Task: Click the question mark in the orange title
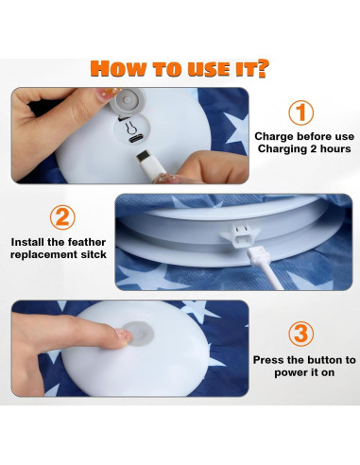point(262,69)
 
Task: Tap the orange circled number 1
point(301,112)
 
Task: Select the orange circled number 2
point(62,217)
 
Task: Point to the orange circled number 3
point(301,334)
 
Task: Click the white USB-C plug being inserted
point(151,164)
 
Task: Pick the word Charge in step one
point(274,137)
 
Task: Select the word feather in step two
point(87,242)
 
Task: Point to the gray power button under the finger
point(139,334)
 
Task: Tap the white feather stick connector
point(266,268)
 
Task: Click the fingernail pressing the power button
point(124,336)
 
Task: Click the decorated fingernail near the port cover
point(108,93)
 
